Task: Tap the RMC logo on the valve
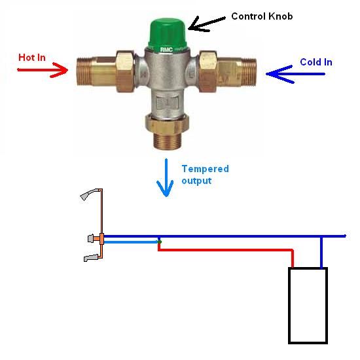(x=166, y=49)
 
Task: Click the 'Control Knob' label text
(x=262, y=16)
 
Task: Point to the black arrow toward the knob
(x=207, y=24)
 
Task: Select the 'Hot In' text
(x=32, y=58)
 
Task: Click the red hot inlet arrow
(x=43, y=70)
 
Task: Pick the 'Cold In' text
(x=316, y=62)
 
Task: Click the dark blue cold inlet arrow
(x=295, y=74)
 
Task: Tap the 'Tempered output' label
(x=206, y=175)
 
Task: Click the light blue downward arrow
(x=166, y=177)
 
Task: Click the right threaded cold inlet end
(x=249, y=72)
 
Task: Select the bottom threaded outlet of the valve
(x=167, y=140)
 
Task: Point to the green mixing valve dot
(x=160, y=242)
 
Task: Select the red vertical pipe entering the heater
(x=293, y=259)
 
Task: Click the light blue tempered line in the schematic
(x=131, y=242)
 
